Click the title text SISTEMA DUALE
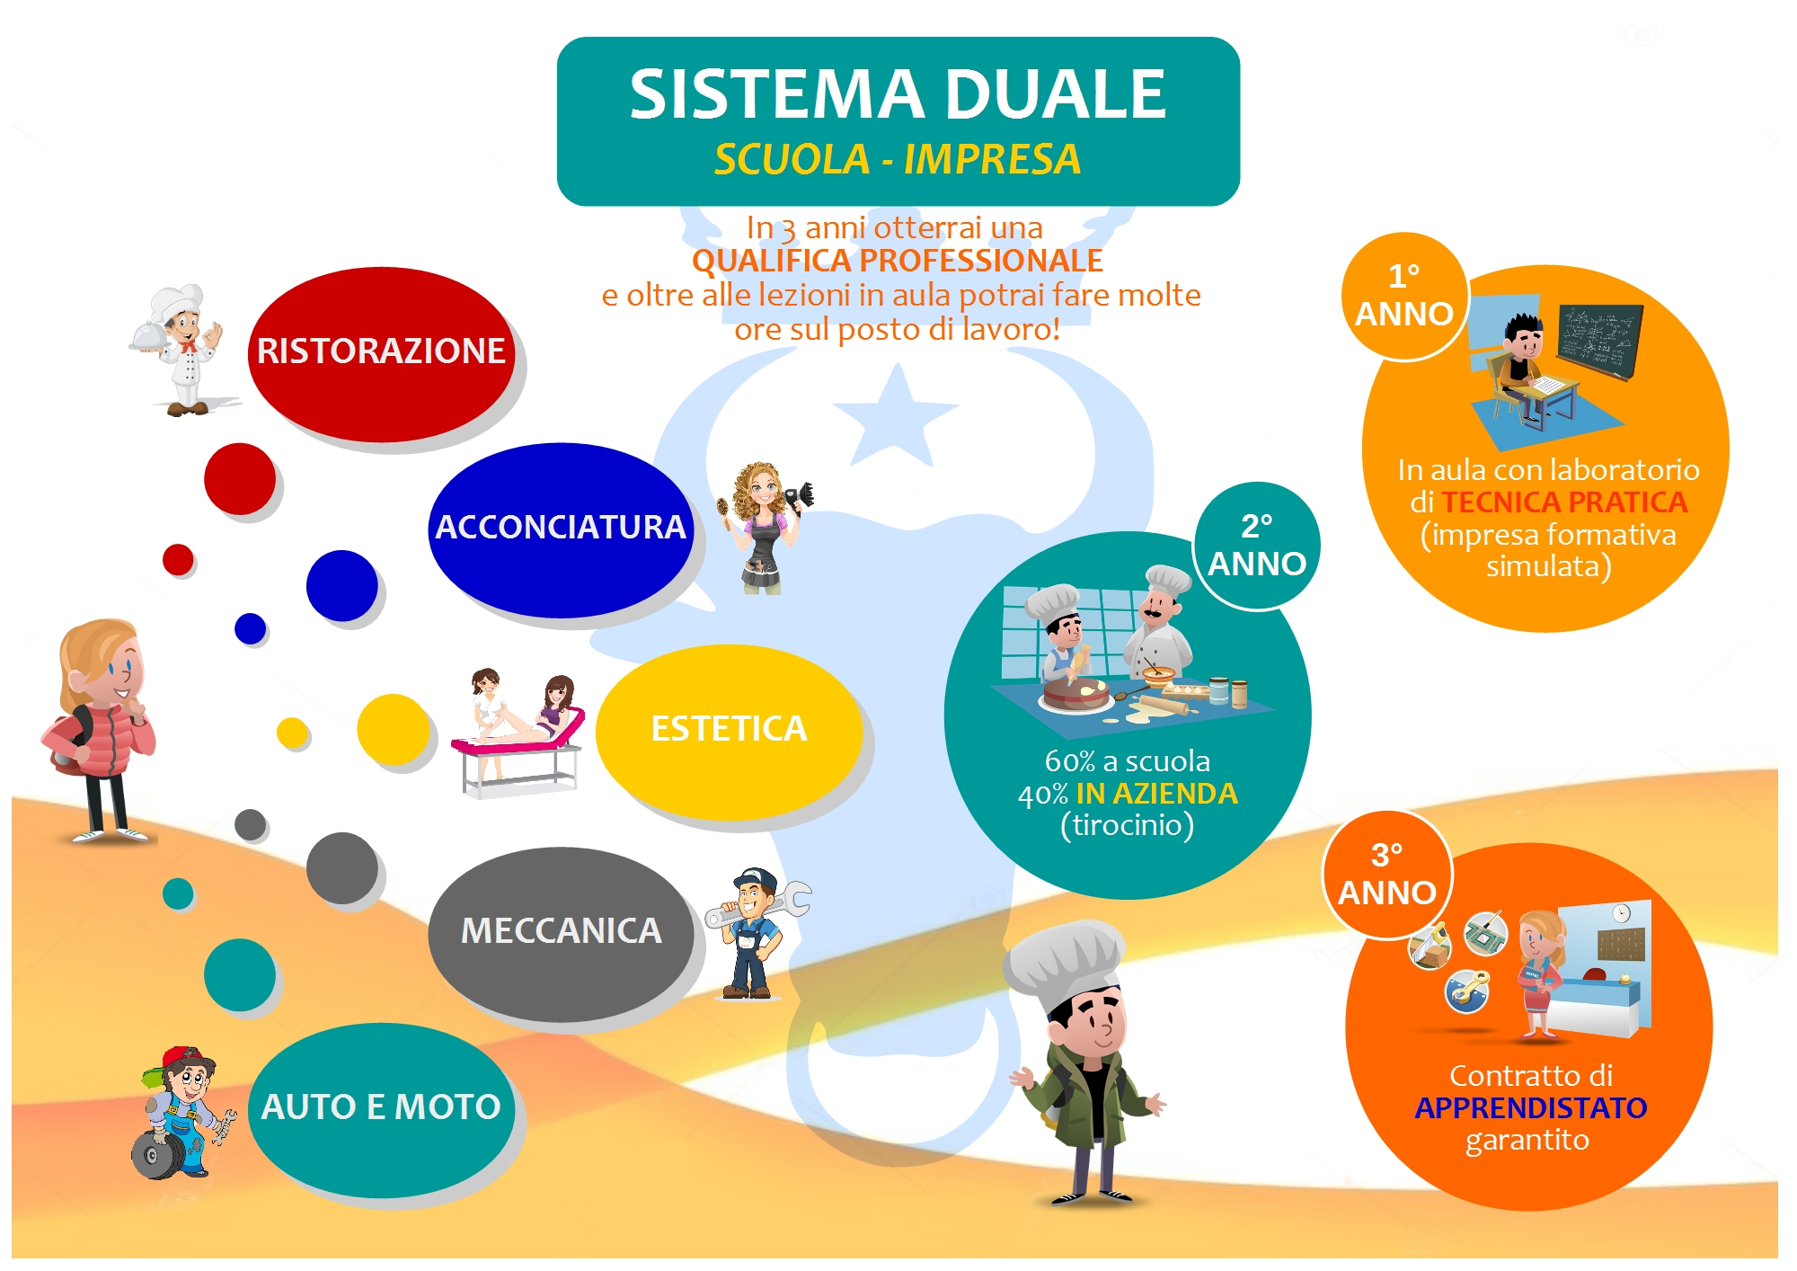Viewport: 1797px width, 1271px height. click(x=898, y=94)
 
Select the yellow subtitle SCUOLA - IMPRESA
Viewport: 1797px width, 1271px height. click(x=898, y=160)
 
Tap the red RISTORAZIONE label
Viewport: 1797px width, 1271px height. click(x=381, y=351)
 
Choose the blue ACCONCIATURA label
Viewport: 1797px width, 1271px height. click(x=561, y=528)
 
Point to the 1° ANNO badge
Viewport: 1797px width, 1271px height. click(x=1403, y=296)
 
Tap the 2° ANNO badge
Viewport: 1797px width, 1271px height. click(x=1257, y=546)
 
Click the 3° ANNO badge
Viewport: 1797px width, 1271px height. click(x=1386, y=874)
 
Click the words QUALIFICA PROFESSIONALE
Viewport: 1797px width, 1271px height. click(x=897, y=261)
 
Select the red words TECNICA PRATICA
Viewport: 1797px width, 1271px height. click(x=1564, y=502)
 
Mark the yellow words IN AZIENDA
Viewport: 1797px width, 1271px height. click(x=1156, y=794)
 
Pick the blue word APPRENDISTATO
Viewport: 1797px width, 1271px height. click(x=1530, y=1108)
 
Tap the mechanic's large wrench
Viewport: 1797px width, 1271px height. click(x=759, y=905)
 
